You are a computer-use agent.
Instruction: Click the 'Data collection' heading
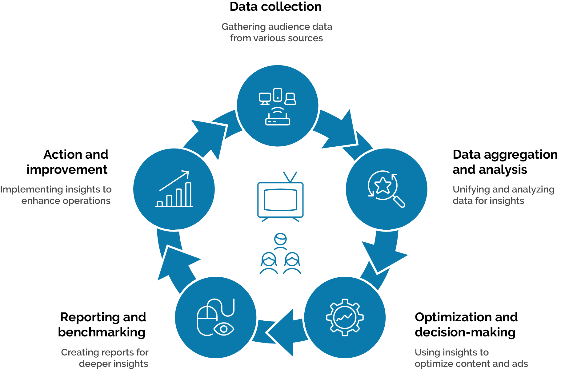coord(275,7)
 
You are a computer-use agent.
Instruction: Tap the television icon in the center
coord(280,198)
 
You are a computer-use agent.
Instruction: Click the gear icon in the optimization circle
coord(345,317)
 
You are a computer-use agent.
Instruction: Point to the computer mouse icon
coord(207,318)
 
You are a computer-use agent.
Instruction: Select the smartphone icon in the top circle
coord(278,95)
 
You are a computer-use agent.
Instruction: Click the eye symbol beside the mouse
coord(224,329)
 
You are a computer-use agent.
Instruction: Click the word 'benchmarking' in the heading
coord(102,332)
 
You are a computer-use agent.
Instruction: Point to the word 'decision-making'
coord(465,332)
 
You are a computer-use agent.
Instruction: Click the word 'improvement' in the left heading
coord(67,170)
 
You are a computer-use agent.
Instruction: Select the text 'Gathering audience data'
coord(277,27)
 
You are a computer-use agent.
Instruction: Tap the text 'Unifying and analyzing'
coord(503,189)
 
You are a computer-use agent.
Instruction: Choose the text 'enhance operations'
coord(66,201)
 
